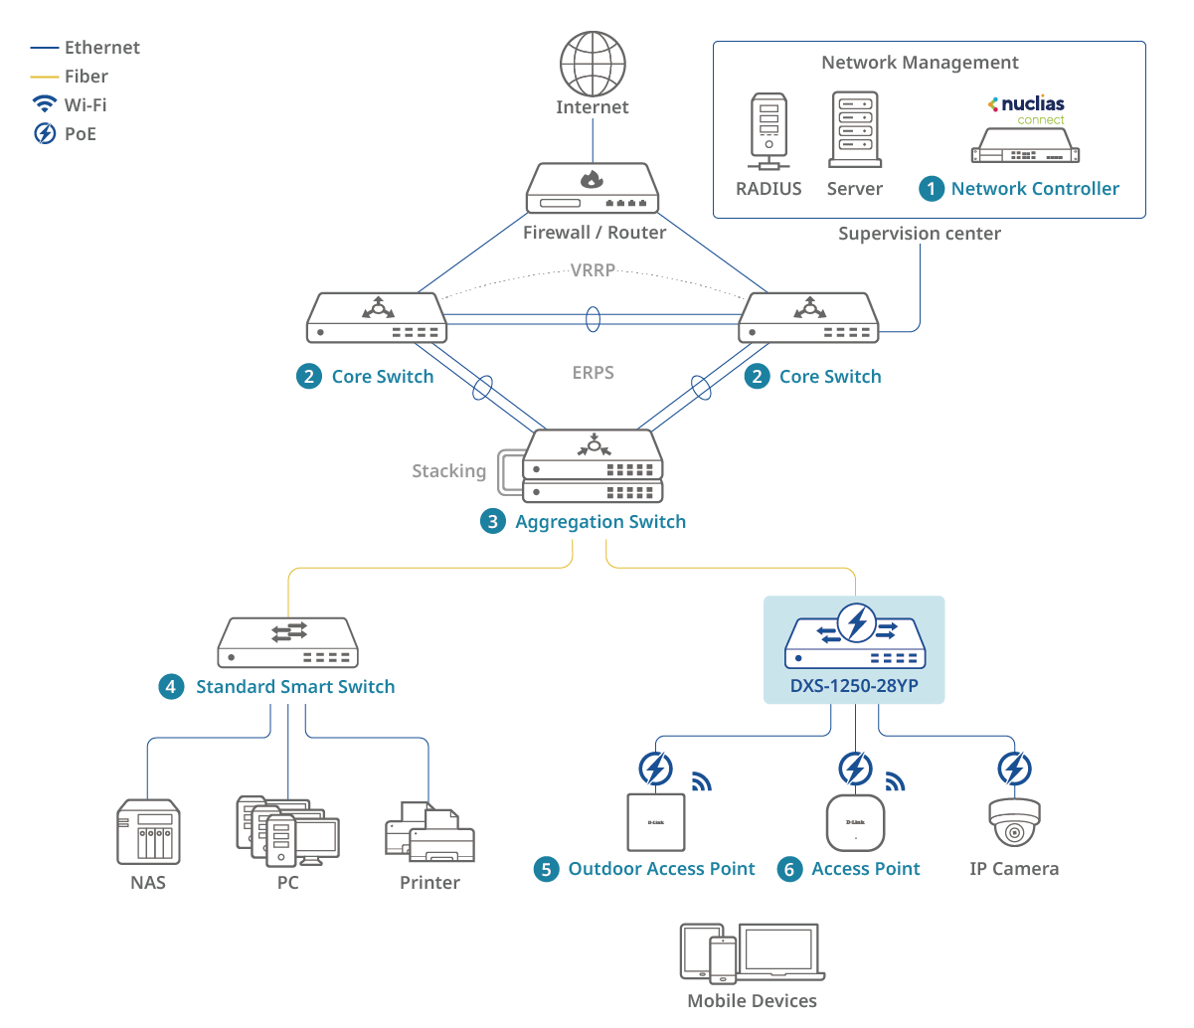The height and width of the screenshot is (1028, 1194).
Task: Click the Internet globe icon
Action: pos(593,64)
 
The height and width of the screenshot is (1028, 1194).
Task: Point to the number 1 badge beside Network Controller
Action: pos(932,189)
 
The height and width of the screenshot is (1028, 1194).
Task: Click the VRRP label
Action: pos(593,270)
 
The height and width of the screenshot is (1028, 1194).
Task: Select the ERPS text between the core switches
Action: pos(594,373)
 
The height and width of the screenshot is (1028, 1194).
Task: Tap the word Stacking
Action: pos(449,471)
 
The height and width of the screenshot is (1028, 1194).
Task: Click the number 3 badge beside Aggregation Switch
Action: pos(493,522)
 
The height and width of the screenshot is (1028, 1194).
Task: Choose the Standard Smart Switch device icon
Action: pos(287,643)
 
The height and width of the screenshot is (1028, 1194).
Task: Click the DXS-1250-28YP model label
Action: pos(854,686)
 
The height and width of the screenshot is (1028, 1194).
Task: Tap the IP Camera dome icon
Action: pos(1014,822)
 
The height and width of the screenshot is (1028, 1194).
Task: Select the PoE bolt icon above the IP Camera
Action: pos(1014,769)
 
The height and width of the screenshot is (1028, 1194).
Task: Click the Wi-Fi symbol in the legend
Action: pos(45,104)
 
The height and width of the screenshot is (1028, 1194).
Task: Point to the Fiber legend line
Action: pos(45,77)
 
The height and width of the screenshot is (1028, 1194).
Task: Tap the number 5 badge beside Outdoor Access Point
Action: pos(546,870)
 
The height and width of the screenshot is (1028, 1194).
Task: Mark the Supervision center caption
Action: pos(920,234)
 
